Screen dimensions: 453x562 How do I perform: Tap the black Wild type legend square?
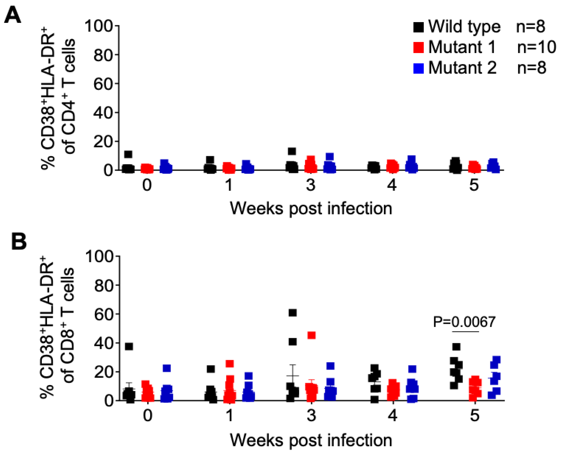(418, 27)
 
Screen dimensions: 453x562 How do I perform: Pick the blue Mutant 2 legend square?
(418, 68)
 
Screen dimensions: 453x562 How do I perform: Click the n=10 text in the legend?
(536, 48)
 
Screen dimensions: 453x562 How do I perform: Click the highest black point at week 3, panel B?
(293, 313)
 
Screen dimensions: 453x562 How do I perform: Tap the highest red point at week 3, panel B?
(311, 335)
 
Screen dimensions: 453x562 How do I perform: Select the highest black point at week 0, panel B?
(129, 346)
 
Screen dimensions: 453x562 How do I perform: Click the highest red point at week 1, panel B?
(230, 364)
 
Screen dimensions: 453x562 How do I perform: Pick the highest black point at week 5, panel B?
(456, 347)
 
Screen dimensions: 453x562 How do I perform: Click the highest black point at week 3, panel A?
(292, 151)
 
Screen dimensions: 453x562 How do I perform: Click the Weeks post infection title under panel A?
(311, 209)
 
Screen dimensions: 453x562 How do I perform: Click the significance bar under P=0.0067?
(466, 332)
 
